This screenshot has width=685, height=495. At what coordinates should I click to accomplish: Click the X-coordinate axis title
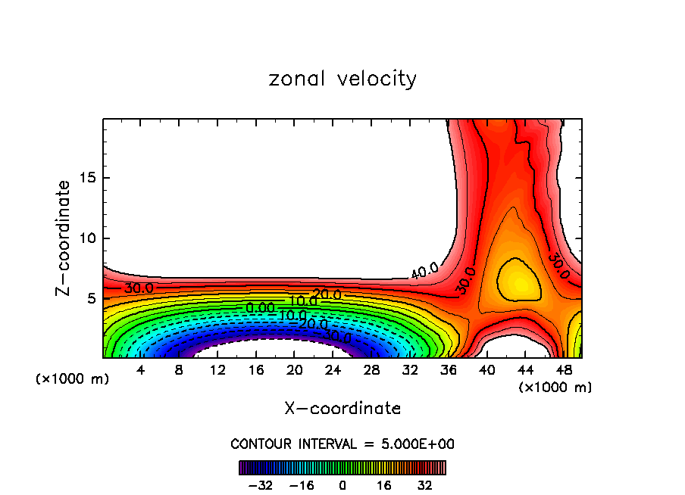[x=342, y=409]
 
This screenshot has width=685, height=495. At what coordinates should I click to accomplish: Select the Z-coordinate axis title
[x=64, y=238]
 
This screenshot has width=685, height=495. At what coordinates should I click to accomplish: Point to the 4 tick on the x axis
[x=140, y=371]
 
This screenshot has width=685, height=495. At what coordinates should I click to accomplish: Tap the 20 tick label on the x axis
[x=295, y=371]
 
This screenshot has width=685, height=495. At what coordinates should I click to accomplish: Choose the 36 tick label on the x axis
[x=449, y=371]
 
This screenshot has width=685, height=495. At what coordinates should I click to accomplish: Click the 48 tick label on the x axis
[x=565, y=371]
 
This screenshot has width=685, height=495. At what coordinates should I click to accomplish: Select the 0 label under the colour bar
[x=342, y=485]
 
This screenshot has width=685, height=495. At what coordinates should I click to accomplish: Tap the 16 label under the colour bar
[x=383, y=485]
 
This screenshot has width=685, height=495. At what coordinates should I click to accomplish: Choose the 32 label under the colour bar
[x=424, y=485]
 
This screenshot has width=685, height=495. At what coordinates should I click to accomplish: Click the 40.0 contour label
[x=424, y=270]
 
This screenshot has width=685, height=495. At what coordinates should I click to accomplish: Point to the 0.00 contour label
[x=260, y=308]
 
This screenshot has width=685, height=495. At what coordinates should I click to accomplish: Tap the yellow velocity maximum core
[x=519, y=282]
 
